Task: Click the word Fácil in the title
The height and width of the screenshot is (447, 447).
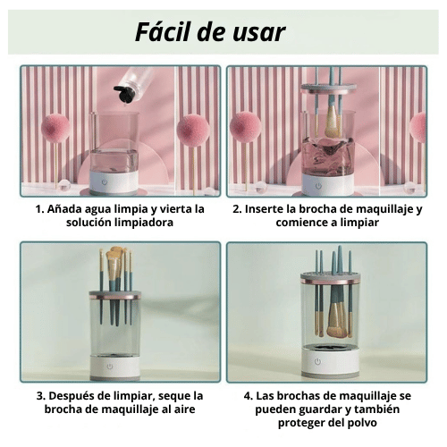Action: click(167, 32)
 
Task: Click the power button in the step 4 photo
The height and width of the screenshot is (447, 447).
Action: click(316, 362)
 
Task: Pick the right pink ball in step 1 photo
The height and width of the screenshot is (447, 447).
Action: click(191, 130)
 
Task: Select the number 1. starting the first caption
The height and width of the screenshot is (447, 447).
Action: click(40, 208)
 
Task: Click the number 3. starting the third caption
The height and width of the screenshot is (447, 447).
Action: click(41, 395)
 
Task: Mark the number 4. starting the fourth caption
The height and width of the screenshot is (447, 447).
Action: click(247, 395)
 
